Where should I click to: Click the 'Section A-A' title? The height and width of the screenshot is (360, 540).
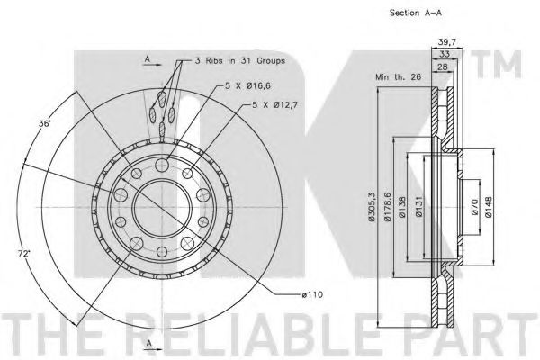pos(415,13)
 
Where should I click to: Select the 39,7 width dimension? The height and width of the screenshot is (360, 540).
pos(447,42)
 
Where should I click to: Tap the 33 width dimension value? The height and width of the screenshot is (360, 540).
pos(445,54)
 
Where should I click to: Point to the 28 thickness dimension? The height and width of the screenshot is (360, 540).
pos(443,67)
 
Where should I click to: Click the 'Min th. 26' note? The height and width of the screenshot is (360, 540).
pos(398,76)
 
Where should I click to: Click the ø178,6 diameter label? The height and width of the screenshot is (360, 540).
pos(387,207)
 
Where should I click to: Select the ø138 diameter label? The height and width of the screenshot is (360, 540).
pos(402,207)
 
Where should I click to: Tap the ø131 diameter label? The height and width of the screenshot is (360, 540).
pos(418,207)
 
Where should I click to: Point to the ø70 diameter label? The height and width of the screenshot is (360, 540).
pos(474,207)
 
